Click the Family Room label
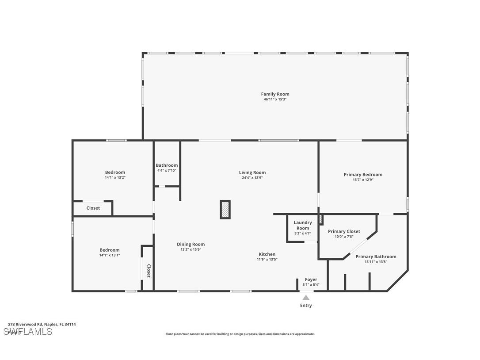pos(275,94)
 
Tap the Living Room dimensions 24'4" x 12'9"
pos(252,178)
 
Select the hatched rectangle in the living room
pos(225,210)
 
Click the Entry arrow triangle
pos(306,298)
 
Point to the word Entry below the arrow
pos(306,306)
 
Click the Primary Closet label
pos(344,231)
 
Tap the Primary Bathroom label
pos(376,257)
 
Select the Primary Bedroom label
pos(363,175)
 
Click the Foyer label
pos(311,280)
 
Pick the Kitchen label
pos(267,254)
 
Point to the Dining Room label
pos(191,245)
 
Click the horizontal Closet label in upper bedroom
pos(93,208)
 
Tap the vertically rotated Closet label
pos(149,271)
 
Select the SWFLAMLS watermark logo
pos(28,332)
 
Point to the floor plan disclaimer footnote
pos(240,334)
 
